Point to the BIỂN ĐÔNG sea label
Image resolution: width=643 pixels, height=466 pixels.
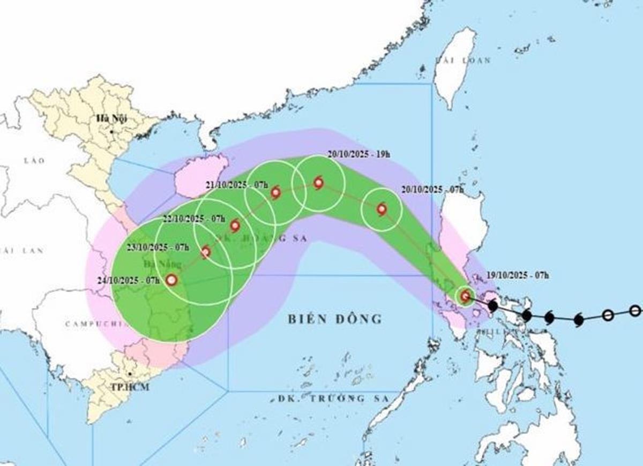pyautogui.click(x=335, y=319)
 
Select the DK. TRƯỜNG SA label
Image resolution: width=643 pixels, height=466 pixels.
pyautogui.click(x=328, y=399)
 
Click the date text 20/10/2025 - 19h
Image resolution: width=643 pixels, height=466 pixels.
pyautogui.click(x=358, y=155)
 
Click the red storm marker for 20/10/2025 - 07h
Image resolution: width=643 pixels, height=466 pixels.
pyautogui.click(x=382, y=209)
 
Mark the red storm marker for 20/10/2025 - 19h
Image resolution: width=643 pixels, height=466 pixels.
pyautogui.click(x=318, y=183)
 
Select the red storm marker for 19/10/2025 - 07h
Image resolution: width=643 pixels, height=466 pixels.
pyautogui.click(x=465, y=296)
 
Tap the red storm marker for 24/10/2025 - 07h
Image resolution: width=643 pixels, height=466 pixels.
pyautogui.click(x=171, y=280)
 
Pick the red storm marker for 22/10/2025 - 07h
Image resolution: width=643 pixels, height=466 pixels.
pyautogui.click(x=235, y=226)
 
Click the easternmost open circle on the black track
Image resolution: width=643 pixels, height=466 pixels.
pyautogui.click(x=635, y=310)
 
